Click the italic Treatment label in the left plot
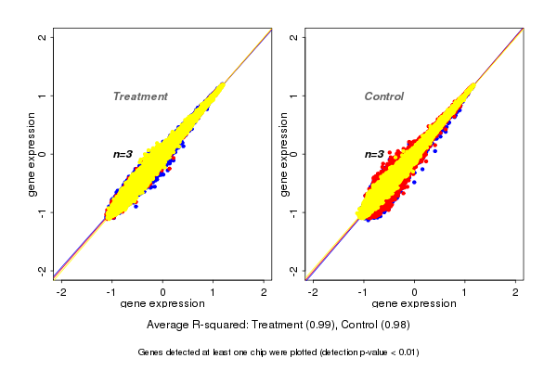[140, 96]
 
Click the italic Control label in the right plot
[384, 96]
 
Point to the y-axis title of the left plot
[34, 154]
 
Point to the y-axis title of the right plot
[286, 154]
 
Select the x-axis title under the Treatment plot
[162, 304]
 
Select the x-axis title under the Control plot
[414, 304]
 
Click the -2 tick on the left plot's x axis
[61, 292]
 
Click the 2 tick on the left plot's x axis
[264, 292]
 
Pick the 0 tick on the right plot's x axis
[414, 292]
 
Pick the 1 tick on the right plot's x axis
[465, 292]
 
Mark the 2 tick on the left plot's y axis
[43, 37]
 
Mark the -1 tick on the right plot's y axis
[294, 212]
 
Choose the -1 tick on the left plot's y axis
[43, 212]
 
